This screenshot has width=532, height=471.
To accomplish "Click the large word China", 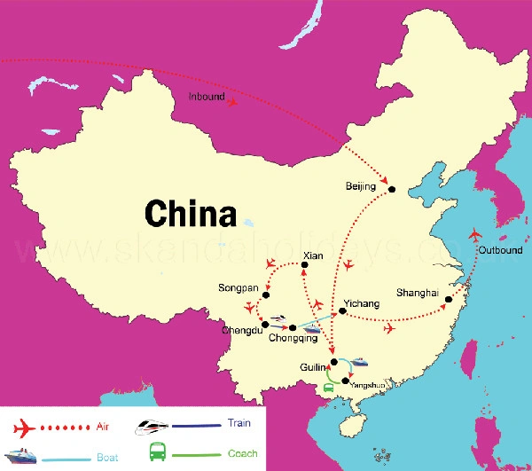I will tap(191, 214).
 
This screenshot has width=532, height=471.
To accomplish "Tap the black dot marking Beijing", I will tap(391, 187).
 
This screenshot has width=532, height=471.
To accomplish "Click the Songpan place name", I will tap(239, 288).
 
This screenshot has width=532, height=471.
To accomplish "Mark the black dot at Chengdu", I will tap(265, 325).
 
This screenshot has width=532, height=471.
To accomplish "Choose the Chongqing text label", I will tap(292, 339).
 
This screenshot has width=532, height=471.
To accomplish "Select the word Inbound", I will tap(207, 96).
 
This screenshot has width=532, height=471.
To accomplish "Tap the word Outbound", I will tap(499, 250).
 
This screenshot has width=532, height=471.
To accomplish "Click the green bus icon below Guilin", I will tap(329, 388).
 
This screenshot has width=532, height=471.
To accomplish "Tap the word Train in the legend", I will tap(239, 423).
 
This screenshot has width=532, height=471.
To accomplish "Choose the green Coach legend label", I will tap(242, 453).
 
